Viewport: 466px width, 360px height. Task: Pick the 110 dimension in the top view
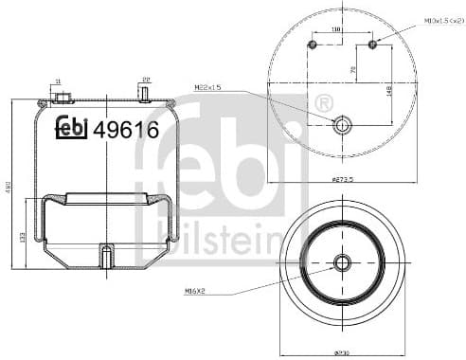336,30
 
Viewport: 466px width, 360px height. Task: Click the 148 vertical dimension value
388,90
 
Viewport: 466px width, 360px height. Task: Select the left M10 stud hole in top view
313,45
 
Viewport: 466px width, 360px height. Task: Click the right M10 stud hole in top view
372,44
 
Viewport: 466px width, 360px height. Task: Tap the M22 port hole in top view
342,123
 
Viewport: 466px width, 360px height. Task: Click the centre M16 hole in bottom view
342,262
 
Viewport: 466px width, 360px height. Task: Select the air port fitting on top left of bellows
63,99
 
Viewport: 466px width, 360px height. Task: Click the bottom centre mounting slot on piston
106,256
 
